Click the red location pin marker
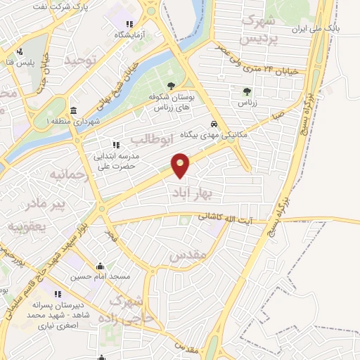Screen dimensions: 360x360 click(x=181, y=165)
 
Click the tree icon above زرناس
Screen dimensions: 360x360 click(x=247, y=91)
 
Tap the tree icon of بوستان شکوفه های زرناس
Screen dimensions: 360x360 click(x=163, y=97)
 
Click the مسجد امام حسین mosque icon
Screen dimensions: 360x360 click(x=100, y=266)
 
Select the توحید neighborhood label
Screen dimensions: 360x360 click(x=79, y=61)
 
